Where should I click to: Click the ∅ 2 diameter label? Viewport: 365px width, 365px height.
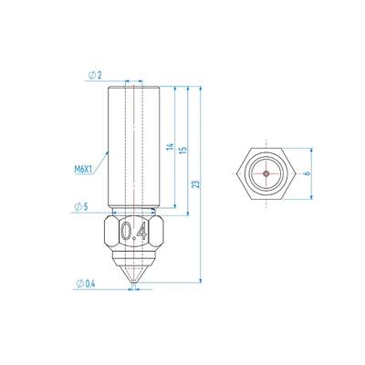(95, 75)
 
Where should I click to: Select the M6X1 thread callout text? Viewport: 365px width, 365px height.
(83, 169)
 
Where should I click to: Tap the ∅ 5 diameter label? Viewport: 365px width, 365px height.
(81, 207)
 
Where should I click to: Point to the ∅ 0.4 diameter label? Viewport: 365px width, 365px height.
(86, 284)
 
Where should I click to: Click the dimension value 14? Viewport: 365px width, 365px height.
(171, 146)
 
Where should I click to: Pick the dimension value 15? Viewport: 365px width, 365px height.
(183, 150)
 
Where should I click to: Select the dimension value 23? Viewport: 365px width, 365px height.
(196, 184)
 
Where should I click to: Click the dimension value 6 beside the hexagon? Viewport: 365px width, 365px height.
(308, 173)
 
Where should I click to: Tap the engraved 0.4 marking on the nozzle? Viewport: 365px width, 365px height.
(134, 232)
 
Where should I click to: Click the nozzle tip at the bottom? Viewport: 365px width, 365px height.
(133, 285)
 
